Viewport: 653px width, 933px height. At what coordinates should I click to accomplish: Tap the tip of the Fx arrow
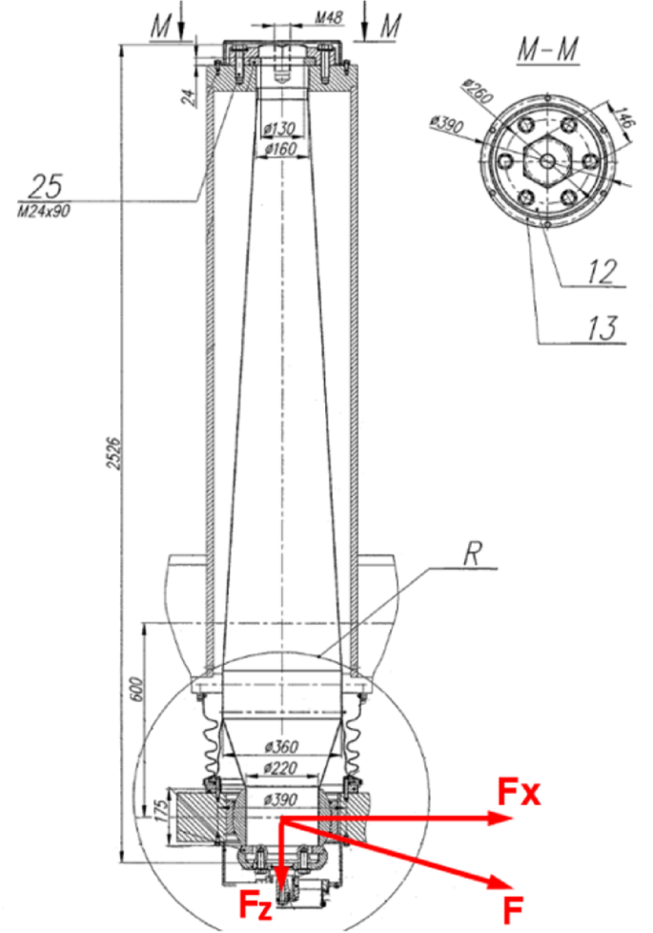[x=501, y=819]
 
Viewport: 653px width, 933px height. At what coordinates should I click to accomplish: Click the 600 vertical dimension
[x=134, y=686]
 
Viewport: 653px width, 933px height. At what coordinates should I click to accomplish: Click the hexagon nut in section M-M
[x=545, y=161]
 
